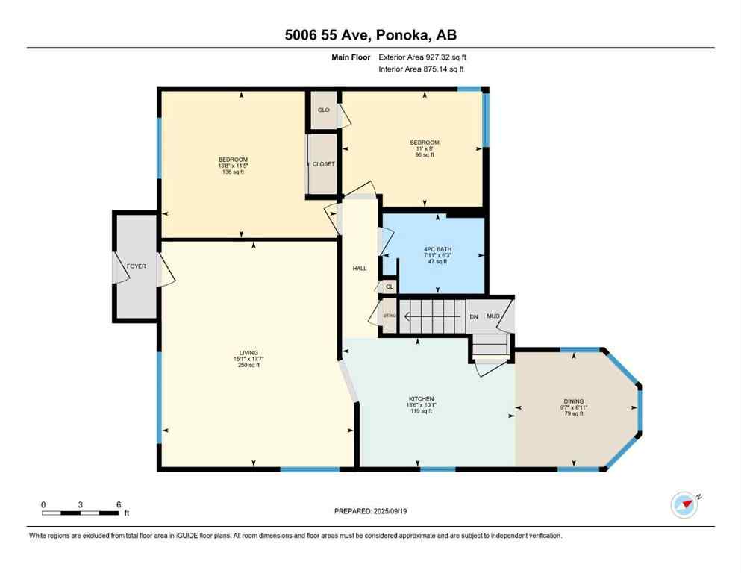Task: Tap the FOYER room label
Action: pos(136,266)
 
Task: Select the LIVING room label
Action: pos(248,352)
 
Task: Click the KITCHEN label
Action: pos(421,398)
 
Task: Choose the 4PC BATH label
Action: pos(438,249)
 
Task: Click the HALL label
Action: pos(359,268)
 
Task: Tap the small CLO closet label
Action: pos(324,110)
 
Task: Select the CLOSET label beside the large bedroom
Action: pos(324,163)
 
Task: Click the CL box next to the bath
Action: pos(389,286)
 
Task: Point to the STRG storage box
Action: pos(389,316)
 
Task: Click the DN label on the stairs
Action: pos(473,316)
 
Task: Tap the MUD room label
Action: pos(493,316)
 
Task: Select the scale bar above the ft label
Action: pos(81,513)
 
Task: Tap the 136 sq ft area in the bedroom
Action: pos(233,172)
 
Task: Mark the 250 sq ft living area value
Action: pos(248,365)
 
